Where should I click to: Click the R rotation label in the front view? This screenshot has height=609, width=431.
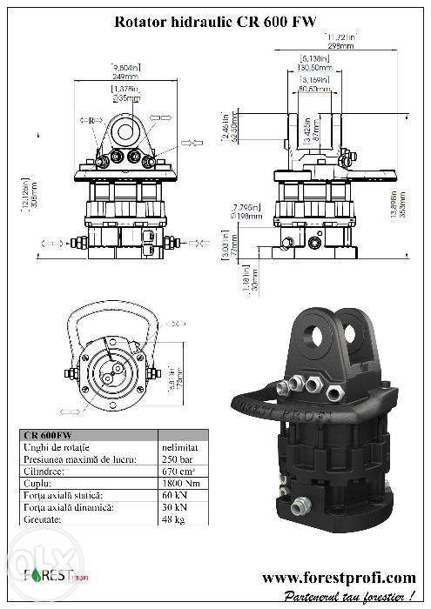[x=91, y=118]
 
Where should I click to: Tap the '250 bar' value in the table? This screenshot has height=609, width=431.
[x=174, y=458]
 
